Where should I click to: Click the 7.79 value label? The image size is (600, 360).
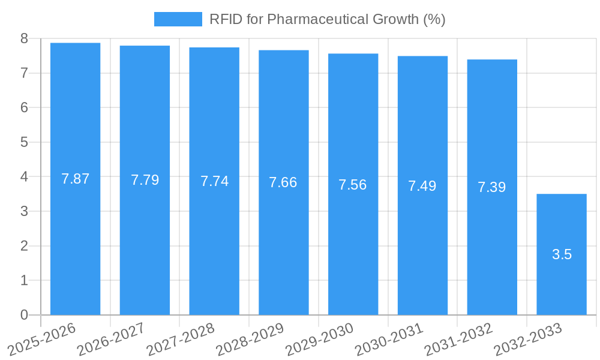pyautogui.click(x=145, y=180)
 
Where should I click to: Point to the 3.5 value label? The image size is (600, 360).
pyautogui.click(x=562, y=254)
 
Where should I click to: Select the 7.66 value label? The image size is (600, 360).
pyautogui.click(x=283, y=182)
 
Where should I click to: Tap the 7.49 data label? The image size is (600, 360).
pyautogui.click(x=422, y=186)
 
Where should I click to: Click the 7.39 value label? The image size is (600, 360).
pyautogui.click(x=492, y=187)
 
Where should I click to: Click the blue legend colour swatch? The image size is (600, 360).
pyautogui.click(x=178, y=19)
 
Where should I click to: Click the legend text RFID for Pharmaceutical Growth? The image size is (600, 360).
pyautogui.click(x=327, y=19)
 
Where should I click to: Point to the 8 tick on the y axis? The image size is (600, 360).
pyautogui.click(x=24, y=38)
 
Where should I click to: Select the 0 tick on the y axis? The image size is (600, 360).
pyautogui.click(x=24, y=315)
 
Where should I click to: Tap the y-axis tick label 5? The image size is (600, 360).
pyautogui.click(x=24, y=142)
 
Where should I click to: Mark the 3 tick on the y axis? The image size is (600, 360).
pyautogui.click(x=24, y=211)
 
